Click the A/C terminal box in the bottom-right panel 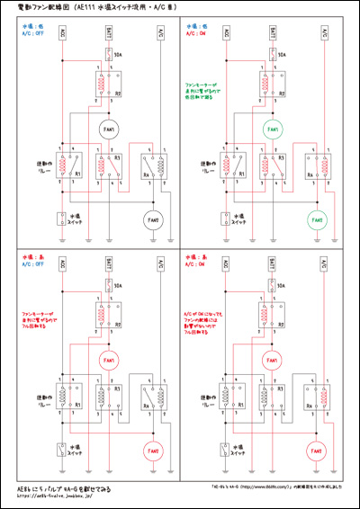(x=323, y=266)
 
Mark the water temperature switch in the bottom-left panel (x=61, y=451)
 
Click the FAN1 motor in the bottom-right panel (x=269, y=362)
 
